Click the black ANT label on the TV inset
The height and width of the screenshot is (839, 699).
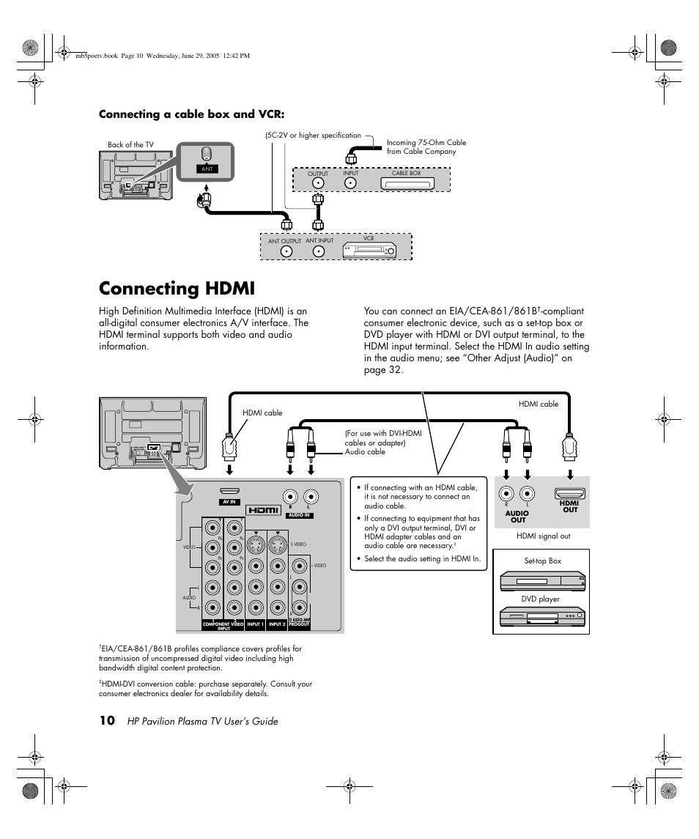click(207, 169)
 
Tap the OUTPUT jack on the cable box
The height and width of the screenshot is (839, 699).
click(318, 182)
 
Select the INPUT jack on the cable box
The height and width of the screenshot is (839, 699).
click(351, 182)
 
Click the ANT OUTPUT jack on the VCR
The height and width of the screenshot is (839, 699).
click(285, 251)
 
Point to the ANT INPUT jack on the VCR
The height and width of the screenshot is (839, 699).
click(319, 251)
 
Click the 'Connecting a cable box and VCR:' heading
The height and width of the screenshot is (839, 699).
click(191, 114)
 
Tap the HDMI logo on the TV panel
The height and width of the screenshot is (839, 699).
click(263, 510)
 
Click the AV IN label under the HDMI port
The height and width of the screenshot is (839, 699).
click(229, 502)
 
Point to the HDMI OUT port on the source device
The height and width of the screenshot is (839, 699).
click(569, 495)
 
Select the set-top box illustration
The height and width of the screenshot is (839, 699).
click(543, 582)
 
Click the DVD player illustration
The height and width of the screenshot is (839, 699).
click(543, 618)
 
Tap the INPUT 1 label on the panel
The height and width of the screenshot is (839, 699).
click(255, 624)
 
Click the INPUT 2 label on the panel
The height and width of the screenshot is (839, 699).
click(277, 624)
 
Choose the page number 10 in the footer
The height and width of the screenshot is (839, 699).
click(106, 721)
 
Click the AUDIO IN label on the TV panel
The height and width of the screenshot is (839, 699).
click(299, 515)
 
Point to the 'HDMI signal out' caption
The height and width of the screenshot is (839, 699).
click(543, 536)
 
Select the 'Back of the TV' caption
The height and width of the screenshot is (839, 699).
click(130, 144)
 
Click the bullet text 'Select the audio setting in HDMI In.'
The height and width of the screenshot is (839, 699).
click(422, 558)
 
